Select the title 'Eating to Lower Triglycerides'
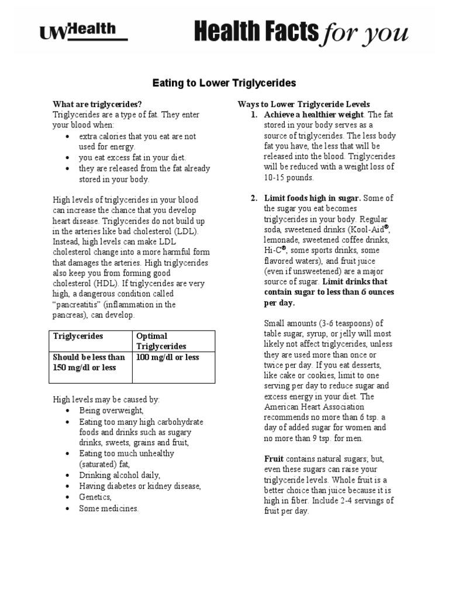coord(225,83)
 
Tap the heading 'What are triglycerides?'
coord(98,104)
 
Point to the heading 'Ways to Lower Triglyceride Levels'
coord(303,104)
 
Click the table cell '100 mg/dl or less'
coord(168,357)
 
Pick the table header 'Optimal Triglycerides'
coord(161,341)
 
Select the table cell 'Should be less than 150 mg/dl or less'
coord(89,362)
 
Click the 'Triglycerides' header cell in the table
coord(78,336)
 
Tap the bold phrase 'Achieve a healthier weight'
coord(313,115)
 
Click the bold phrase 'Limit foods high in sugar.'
coord(312,198)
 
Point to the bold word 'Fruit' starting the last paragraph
coord(274,459)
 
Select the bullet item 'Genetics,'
coord(95,497)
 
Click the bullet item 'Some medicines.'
coord(109,508)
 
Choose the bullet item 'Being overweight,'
coord(111,411)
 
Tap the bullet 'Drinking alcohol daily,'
coord(120,475)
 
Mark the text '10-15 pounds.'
coord(289,178)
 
